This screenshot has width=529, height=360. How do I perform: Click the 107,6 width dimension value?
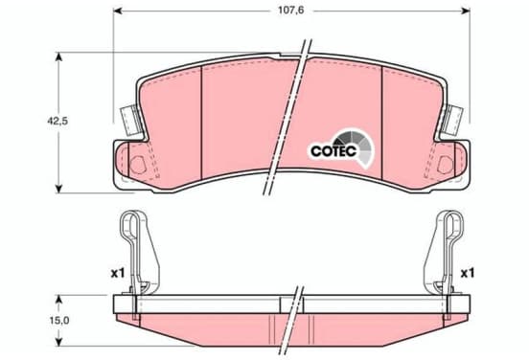(290, 11)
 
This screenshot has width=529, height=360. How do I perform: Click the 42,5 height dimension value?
(57, 121)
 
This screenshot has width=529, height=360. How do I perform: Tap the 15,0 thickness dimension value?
(59, 320)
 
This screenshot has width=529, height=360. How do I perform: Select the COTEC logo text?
(333, 151)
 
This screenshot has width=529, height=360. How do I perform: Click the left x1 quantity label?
(118, 273)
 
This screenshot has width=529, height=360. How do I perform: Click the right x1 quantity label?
(468, 273)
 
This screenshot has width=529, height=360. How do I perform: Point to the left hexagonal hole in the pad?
(138, 166)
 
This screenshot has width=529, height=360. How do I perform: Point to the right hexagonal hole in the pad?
(445, 166)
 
